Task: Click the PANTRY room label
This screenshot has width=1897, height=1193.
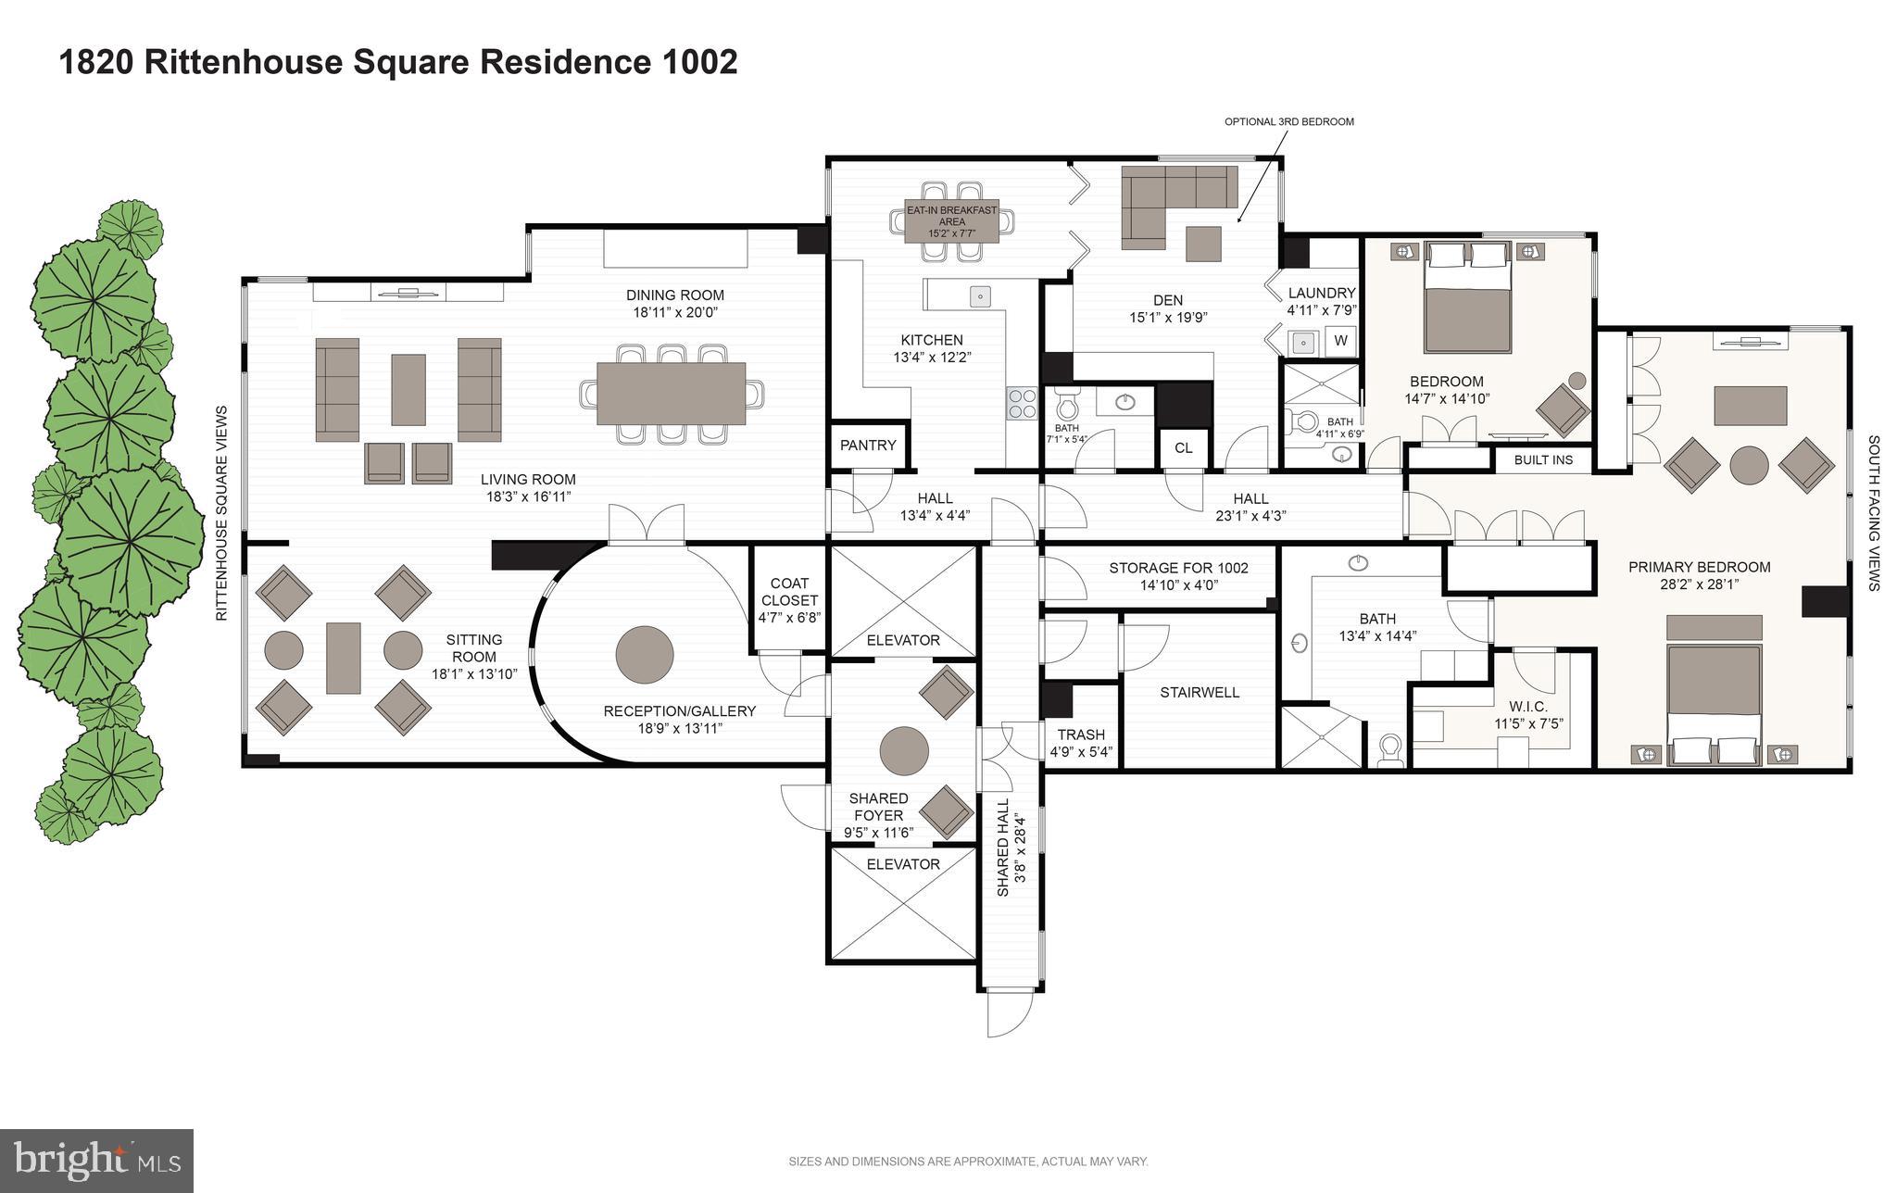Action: coord(868,446)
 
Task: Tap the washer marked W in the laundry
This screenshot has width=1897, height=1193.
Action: coord(1340,341)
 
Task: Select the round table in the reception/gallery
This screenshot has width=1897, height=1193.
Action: coord(645,655)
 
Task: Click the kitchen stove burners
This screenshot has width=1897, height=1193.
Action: coord(1022,404)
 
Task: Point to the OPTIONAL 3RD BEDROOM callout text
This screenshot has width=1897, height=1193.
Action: coord(1288,121)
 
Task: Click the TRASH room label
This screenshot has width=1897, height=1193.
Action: coord(1081,735)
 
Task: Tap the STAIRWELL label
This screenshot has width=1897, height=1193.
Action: coord(1200,692)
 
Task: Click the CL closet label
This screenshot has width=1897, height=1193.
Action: coord(1183,448)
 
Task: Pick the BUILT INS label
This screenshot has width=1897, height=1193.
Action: coord(1543,459)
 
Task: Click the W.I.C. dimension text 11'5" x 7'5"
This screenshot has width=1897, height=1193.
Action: coord(1527,723)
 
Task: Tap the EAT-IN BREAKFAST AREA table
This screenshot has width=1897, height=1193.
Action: coord(951,221)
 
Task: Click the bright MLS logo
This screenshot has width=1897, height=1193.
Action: coord(97,1160)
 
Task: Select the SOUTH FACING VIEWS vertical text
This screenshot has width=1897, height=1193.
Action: coord(1873,513)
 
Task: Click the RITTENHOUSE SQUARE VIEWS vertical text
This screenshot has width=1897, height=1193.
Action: coord(221,513)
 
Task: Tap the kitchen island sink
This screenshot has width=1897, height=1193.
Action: coord(980,296)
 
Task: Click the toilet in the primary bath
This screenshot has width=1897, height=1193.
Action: coord(1389,750)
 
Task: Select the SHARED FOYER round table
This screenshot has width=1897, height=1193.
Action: coord(903,750)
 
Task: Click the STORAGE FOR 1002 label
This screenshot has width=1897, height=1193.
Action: coord(1178,568)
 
